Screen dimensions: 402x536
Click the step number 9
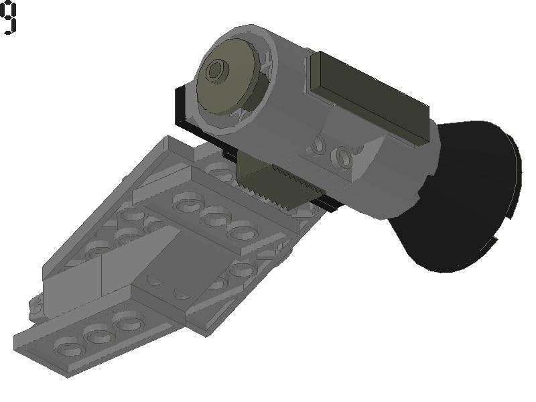[9, 17]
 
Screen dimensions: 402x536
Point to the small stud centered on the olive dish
[216, 70]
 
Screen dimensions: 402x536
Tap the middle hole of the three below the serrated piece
[215, 216]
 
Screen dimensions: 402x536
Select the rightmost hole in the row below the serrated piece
[243, 232]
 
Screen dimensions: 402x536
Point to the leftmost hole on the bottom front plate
[69, 347]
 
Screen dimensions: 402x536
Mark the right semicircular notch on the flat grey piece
[181, 293]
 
